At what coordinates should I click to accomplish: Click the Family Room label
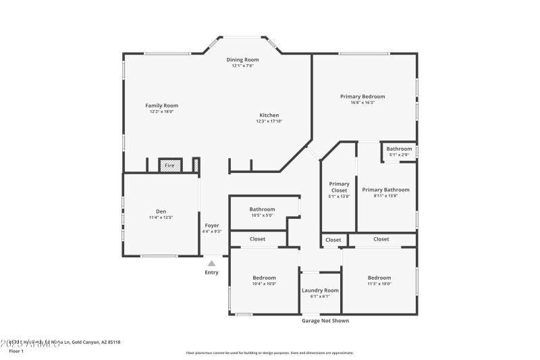click(162, 105)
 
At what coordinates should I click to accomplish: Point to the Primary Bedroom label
click(362, 97)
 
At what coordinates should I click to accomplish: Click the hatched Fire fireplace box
click(170, 165)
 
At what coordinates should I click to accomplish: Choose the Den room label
click(161, 211)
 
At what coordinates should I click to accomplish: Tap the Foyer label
click(212, 225)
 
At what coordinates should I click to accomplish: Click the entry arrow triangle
click(212, 263)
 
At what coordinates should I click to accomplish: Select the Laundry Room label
click(320, 290)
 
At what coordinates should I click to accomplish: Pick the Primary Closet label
click(339, 187)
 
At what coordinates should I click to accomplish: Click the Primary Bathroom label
click(385, 190)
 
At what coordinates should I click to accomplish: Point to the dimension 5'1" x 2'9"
click(399, 155)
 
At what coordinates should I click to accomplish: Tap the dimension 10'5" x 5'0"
click(262, 215)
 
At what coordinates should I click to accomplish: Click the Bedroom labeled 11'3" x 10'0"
click(379, 278)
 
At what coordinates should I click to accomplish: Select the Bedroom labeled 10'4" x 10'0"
click(264, 278)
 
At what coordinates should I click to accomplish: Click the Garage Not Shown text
click(325, 321)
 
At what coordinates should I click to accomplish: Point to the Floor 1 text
click(16, 351)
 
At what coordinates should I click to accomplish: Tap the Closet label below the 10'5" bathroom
click(257, 239)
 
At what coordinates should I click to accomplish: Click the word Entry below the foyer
click(212, 273)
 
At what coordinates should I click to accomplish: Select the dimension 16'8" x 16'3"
click(362, 103)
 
